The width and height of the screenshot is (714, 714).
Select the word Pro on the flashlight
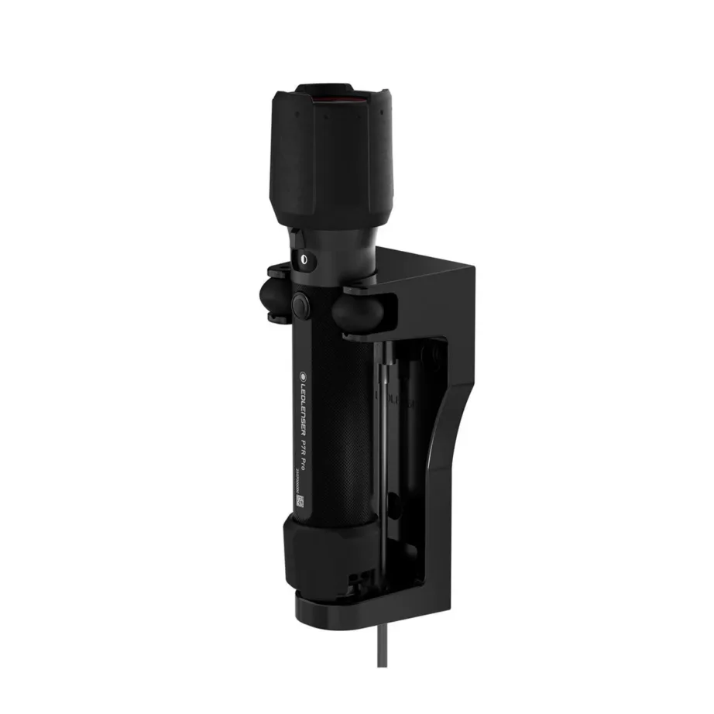pyautogui.click(x=304, y=477)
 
